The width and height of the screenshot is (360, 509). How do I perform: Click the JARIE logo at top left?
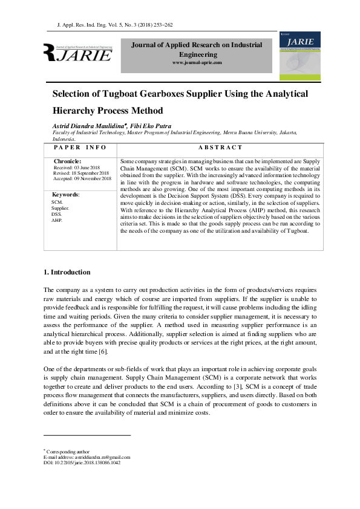(77, 53)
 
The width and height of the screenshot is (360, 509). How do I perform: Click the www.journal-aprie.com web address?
(197, 63)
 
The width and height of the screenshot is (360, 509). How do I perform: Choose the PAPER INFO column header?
(80, 147)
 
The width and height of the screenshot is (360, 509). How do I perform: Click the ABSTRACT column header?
(220, 147)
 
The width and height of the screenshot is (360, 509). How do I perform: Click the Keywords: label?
(66, 195)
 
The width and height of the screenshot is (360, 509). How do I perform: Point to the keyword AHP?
(57, 220)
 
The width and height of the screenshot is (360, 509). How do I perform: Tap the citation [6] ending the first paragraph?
(103, 352)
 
